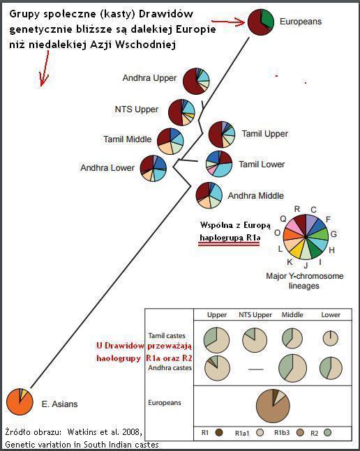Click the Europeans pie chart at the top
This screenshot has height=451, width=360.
point(261,22)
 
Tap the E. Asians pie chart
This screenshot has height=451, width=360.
point(20,402)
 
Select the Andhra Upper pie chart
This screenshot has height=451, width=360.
point(196,81)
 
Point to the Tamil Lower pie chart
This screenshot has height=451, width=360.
point(219,164)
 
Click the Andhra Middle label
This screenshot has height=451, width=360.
point(256,196)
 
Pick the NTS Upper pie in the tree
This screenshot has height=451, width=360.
point(181,112)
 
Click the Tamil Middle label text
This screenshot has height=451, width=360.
point(128,139)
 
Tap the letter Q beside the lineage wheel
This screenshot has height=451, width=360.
point(283,219)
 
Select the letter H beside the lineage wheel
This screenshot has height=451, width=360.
point(332,250)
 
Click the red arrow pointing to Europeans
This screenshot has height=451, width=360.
point(228,22)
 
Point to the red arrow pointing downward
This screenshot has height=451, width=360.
point(45,68)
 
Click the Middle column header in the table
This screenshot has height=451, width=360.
point(292,314)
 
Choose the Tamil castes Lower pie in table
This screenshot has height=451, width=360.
point(331,338)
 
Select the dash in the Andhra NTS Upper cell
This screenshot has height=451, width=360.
point(256,369)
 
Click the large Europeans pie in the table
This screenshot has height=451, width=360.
point(273,406)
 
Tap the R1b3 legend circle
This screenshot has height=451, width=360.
point(300,432)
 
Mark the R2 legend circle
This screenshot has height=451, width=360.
point(327,432)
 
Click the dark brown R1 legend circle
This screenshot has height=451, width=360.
point(219,432)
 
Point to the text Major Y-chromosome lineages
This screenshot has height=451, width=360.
point(304,281)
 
